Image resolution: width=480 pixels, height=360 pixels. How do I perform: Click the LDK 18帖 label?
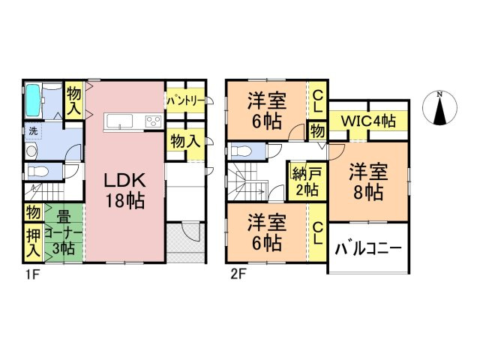point(124,190)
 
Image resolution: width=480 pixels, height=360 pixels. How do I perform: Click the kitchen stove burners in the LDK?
point(152,122)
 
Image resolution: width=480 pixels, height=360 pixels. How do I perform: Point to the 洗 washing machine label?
point(32,131)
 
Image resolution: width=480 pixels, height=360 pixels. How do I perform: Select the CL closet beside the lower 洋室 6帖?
point(317,234)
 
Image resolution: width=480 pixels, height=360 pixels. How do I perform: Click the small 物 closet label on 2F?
point(317,131)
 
